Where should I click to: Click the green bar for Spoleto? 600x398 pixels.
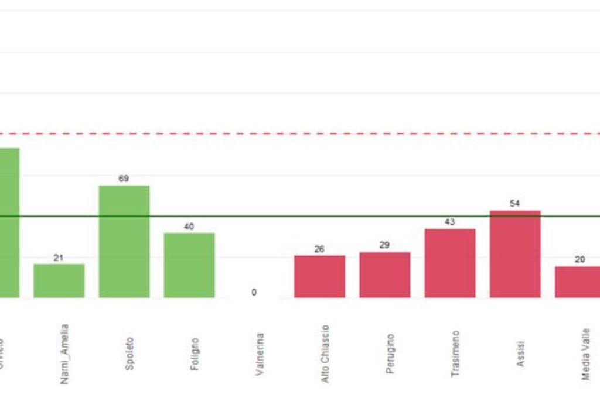pyautogui.click(x=124, y=241)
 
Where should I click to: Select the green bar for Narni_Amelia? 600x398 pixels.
pyautogui.click(x=59, y=280)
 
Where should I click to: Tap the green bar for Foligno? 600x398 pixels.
pyautogui.click(x=189, y=265)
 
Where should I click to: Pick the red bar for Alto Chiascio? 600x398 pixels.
pyautogui.click(x=319, y=276)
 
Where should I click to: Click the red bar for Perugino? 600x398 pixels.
pyautogui.click(x=384, y=275)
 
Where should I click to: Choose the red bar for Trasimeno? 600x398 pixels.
pyautogui.click(x=450, y=263)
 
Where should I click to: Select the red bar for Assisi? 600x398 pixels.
pyautogui.click(x=515, y=253)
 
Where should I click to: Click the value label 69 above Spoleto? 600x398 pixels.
pyautogui.click(x=124, y=179)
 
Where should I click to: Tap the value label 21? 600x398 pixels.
pyautogui.click(x=59, y=258)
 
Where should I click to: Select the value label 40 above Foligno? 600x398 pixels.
pyautogui.click(x=189, y=227)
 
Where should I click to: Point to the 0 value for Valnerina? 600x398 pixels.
pyautogui.click(x=254, y=292)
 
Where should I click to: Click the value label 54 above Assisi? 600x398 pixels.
pyautogui.click(x=515, y=204)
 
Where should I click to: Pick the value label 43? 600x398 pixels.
pyautogui.click(x=450, y=222)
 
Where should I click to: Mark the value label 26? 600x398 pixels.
pyautogui.click(x=319, y=249)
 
